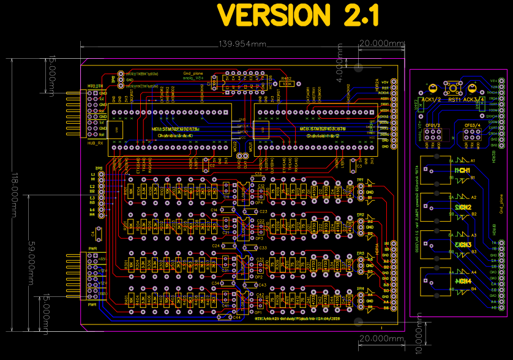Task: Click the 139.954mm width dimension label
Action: coord(242,44)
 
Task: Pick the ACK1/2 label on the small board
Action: coord(432,99)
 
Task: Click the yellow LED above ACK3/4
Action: coord(473,88)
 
